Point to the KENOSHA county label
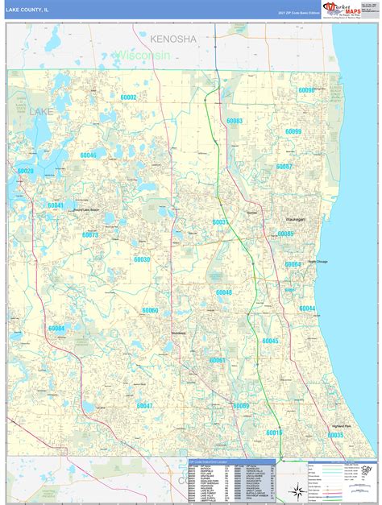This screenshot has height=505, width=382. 172,39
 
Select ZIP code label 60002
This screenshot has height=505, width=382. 128,97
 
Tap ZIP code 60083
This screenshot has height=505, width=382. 235,121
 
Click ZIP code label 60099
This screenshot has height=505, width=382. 293,131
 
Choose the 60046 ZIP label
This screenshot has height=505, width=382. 88,155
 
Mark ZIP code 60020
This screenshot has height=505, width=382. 26,172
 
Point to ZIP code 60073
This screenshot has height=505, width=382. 89,235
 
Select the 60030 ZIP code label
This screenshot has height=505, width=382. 142,259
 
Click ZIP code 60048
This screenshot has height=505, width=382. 223,292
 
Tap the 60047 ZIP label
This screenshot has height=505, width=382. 144,406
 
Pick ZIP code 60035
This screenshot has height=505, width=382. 334,435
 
